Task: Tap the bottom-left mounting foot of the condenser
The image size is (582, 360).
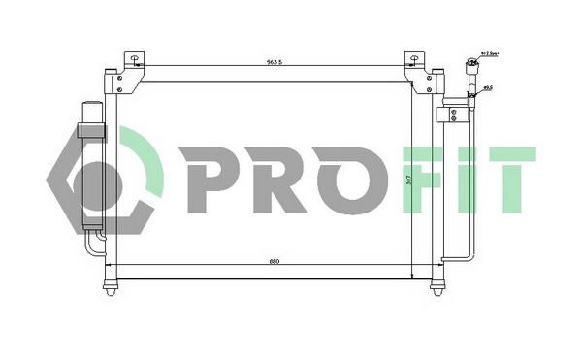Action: tap(113, 288)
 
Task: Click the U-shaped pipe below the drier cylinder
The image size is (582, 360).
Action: tap(93, 246)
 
